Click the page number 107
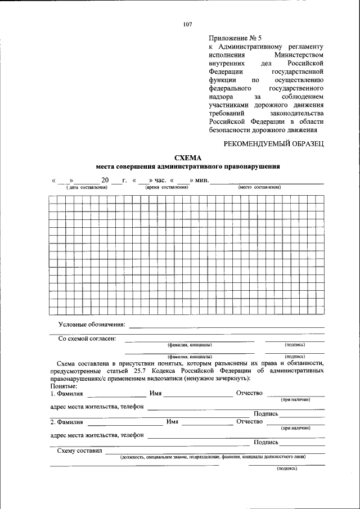187,25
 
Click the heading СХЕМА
188,158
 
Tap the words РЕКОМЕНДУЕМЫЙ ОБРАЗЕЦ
274,144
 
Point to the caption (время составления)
166,187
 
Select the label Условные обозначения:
92,325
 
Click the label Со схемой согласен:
87,339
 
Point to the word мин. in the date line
202,181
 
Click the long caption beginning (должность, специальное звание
213,457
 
